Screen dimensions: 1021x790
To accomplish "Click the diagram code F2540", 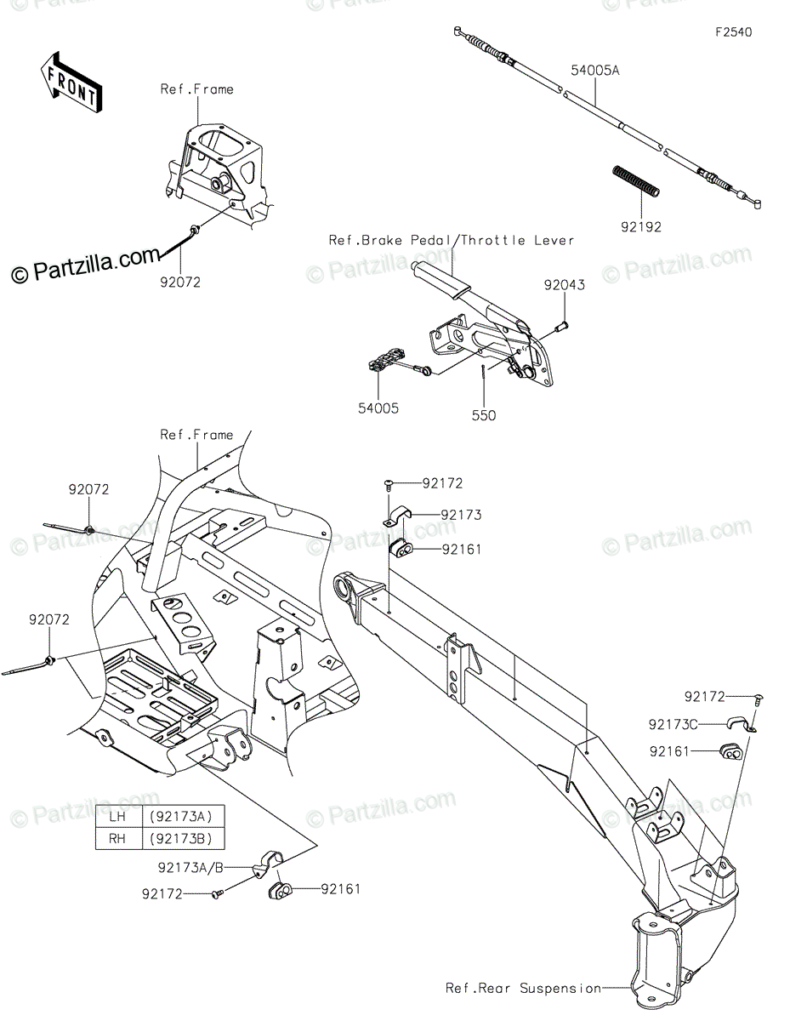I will (x=733, y=33).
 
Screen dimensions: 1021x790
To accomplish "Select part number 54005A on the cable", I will (x=595, y=71).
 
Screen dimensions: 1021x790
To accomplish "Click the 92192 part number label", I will (x=639, y=227).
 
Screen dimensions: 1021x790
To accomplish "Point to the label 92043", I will (x=565, y=286).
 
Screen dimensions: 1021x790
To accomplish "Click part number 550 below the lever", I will (x=485, y=416).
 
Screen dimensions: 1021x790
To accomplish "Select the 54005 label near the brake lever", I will (x=378, y=408).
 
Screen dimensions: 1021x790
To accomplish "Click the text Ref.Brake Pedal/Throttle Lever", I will (x=452, y=241).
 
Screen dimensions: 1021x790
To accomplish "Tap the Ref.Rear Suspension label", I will (x=523, y=989).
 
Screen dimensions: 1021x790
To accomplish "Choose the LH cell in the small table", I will (x=117, y=817).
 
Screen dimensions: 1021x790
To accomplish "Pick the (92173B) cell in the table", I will (x=180, y=838).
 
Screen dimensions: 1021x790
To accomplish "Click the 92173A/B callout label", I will (x=191, y=868).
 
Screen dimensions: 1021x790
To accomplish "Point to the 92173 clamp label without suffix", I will (x=461, y=515).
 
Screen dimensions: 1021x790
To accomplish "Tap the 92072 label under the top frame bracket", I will (x=180, y=282).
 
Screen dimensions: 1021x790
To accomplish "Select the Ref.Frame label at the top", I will (x=197, y=88).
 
